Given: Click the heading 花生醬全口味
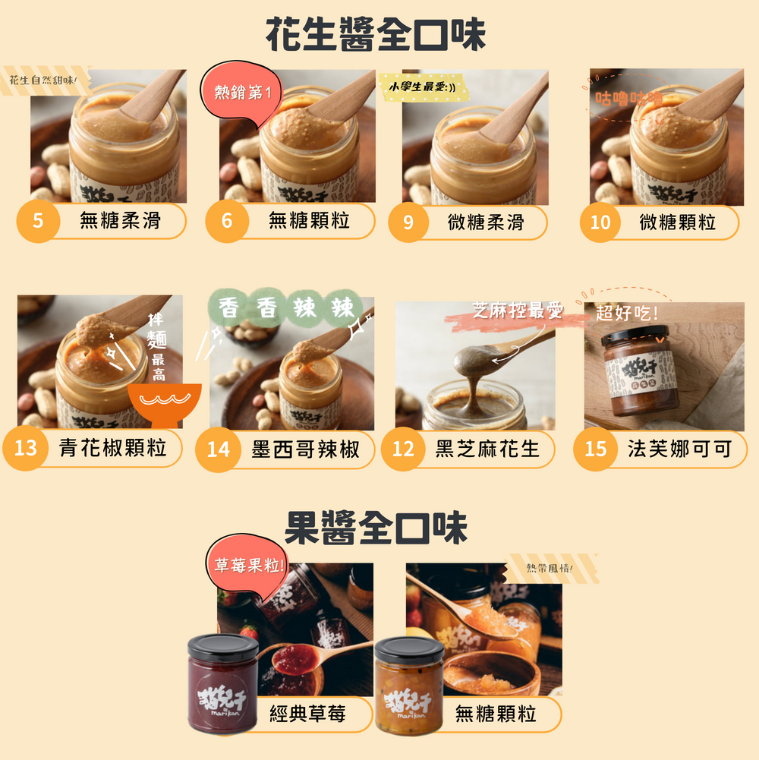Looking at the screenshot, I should [376, 35].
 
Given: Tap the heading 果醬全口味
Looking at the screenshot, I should [376, 528].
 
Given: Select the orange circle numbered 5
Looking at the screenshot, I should [37, 222].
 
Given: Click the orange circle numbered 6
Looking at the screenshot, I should [226, 222].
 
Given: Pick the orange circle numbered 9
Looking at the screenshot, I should [408, 222].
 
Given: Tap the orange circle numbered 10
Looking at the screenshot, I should [600, 222].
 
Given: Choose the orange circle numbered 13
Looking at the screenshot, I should [25, 448].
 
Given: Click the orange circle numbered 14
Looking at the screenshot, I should [218, 449].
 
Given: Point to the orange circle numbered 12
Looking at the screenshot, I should [403, 449].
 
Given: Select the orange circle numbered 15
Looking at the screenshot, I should [596, 449].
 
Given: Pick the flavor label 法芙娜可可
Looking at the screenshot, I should [679, 449].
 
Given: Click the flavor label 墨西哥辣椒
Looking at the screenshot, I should [305, 449].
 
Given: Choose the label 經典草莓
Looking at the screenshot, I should [308, 714].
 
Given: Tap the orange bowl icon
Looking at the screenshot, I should [164, 402].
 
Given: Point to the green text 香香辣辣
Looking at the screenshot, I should [291, 308].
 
